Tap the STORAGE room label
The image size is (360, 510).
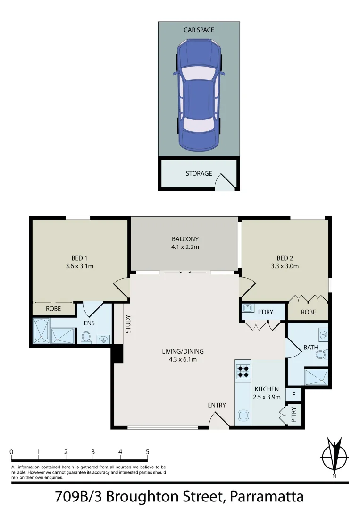click(199, 174)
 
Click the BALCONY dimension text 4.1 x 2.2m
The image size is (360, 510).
click(185, 247)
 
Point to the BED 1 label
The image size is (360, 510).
click(79, 258)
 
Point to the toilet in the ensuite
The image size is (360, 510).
click(86, 337)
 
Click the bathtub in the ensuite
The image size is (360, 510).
click(41, 331)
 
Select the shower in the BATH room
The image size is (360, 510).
click(317, 378)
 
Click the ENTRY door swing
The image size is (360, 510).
click(217, 419)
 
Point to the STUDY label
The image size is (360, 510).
click(128, 324)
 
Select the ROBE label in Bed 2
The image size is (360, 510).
click(308, 312)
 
